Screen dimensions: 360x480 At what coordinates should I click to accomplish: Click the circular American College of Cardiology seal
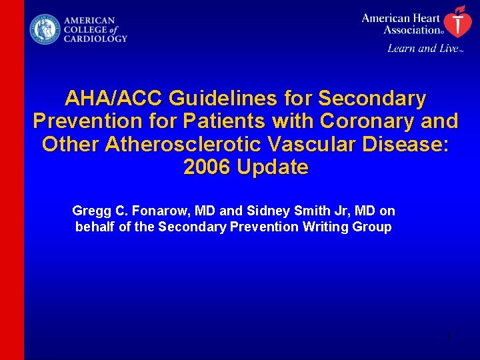45,30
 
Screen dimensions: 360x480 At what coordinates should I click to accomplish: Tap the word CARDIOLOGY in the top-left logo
95,39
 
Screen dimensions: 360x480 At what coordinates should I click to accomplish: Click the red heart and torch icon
456,21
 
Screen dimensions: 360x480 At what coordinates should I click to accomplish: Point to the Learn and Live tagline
423,48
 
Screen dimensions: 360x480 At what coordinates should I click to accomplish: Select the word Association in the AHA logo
411,29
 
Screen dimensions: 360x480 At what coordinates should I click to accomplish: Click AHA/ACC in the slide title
114,99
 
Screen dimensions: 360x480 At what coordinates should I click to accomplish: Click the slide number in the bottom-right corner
449,337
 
